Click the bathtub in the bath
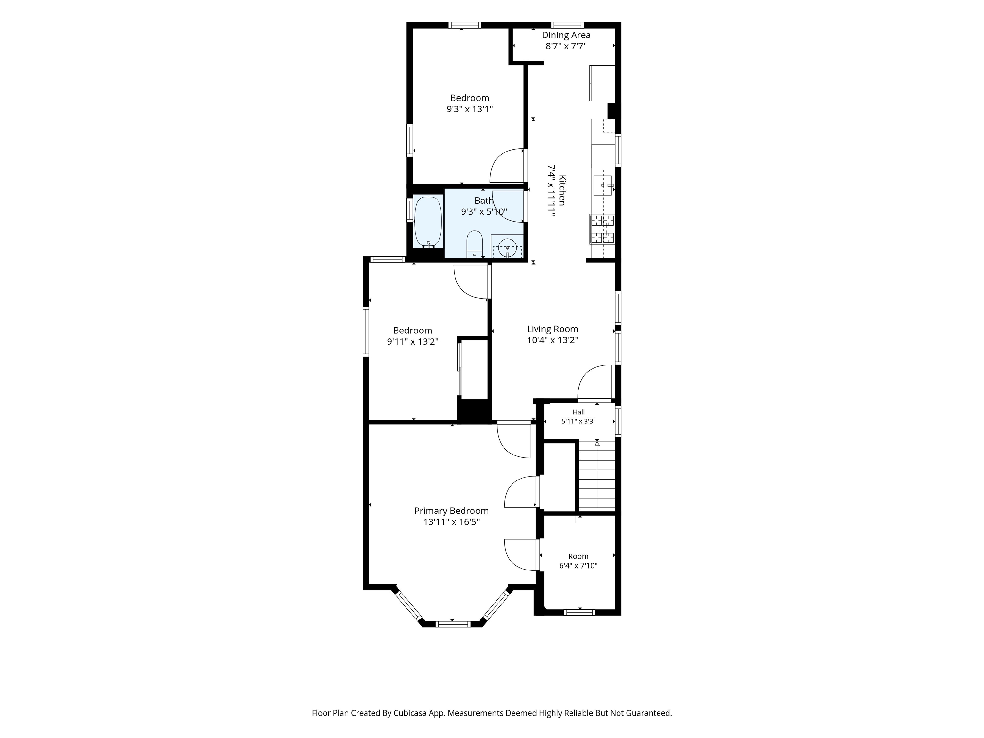[428, 222]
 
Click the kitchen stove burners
[602, 229]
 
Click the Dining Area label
[566, 35]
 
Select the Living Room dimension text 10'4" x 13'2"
[553, 340]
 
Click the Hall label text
[579, 412]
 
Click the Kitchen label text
[562, 190]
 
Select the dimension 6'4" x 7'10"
[578, 566]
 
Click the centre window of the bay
[452, 624]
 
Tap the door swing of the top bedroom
[507, 166]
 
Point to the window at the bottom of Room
[579, 612]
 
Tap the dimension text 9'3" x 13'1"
[470, 109]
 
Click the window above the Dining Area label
[568, 25]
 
